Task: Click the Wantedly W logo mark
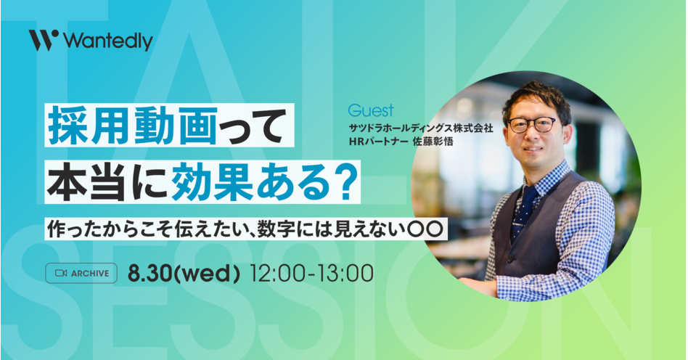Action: tap(44, 40)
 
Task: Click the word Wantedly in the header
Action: tap(108, 41)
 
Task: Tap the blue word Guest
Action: tap(371, 110)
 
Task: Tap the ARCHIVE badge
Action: tap(81, 273)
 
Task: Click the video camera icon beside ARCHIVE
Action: tap(61, 273)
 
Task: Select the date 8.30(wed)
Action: tap(184, 273)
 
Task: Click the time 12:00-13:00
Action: tap(311, 273)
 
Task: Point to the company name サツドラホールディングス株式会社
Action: tap(421, 128)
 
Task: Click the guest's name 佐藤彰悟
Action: tap(433, 142)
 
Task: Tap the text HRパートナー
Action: tap(379, 142)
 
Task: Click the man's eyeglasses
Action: tap(532, 125)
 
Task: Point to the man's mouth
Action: tap(533, 150)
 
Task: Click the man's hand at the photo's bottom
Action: tap(475, 286)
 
